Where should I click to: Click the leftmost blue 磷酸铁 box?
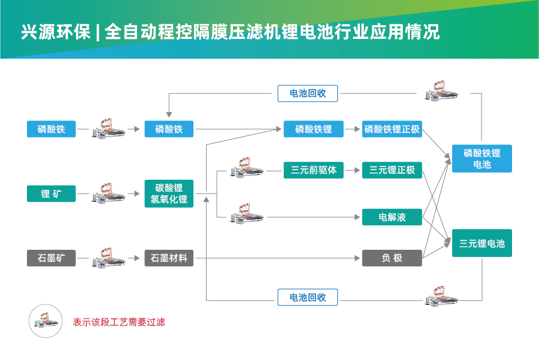pos(51,129)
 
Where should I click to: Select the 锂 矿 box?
pos(51,193)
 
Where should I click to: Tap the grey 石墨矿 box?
pos(51,258)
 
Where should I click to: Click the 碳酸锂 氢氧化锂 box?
pos(169,193)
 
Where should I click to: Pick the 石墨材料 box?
pos(169,258)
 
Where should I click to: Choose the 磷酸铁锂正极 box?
pos(392,129)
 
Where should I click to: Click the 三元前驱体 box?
pos(314,170)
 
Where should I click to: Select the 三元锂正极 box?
pos(392,170)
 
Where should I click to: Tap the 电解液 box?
pos(392,217)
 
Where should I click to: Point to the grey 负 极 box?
pos(392,258)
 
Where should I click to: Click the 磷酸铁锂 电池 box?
pos(482,158)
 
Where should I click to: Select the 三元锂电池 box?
pos(482,243)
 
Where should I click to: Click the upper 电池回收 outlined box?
pos(308,93)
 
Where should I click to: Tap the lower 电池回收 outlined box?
pos(308,297)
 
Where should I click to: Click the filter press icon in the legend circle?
pos(47,322)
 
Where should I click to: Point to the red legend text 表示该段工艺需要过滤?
pos(119,322)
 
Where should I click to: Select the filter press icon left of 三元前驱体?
pos(247,169)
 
